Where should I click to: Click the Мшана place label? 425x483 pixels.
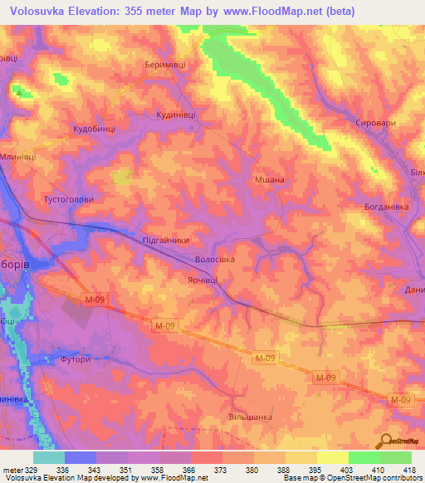click(x=269, y=179)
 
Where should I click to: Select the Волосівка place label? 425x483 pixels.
click(x=215, y=260)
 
